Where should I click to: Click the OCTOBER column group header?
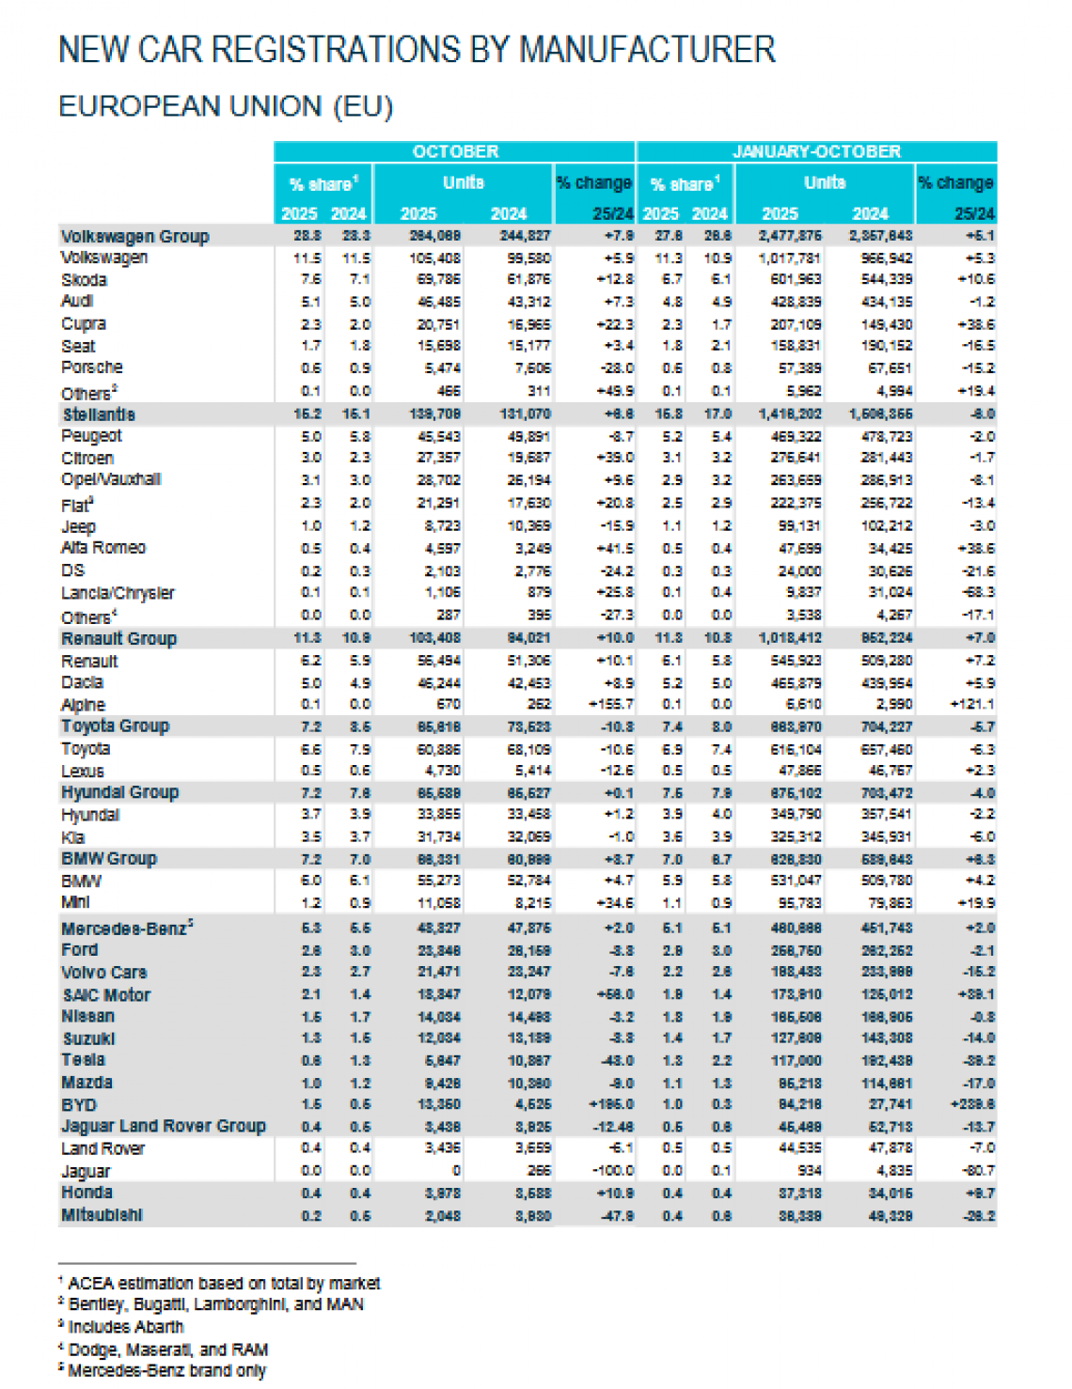pos(455,151)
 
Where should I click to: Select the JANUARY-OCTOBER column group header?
pos(816,151)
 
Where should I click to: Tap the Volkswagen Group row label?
pos(134,236)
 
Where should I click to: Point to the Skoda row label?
pos(84,280)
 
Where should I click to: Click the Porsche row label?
pos(91,367)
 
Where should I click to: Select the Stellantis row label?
pos(99,414)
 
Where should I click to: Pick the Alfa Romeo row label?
pos(103,548)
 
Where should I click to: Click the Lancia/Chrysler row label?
pos(118,593)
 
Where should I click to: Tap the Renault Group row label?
pos(118,639)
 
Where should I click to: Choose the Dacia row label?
pos(82,683)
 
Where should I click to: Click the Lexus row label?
pos(82,772)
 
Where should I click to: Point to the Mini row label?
pos(75,902)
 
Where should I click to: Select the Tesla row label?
pos(83,1060)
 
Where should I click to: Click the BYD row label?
pos(79,1105)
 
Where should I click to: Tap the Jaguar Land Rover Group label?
pos(163,1126)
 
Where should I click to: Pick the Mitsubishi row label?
pos(102,1215)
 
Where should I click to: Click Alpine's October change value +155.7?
pos(611,704)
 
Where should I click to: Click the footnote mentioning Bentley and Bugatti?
pos(215,1304)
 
